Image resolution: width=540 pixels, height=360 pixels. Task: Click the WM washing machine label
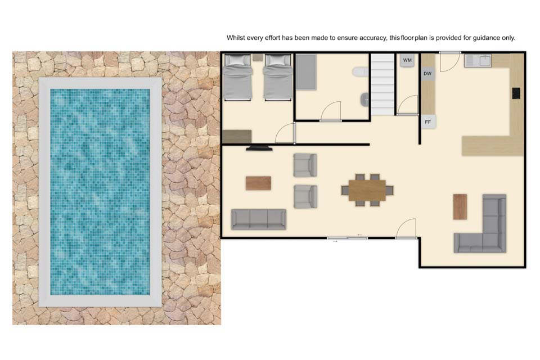point(407,60)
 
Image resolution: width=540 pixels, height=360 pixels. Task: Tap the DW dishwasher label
point(427,74)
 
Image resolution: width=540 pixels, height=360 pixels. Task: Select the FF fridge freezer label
point(427,122)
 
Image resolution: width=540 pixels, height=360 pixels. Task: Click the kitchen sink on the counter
point(478,60)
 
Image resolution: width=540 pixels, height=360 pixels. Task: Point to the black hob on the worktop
point(516,93)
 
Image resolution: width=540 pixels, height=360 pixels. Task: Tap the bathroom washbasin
point(364,100)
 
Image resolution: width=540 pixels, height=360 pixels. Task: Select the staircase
point(382,84)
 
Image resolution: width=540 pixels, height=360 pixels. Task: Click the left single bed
point(238,78)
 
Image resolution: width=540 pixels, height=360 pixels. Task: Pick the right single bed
point(278,78)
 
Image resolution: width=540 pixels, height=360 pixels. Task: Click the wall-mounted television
point(259,148)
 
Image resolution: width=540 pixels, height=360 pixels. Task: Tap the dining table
point(367,190)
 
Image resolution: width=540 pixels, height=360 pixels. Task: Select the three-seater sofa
point(259,219)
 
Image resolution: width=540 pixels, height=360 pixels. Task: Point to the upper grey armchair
point(305,165)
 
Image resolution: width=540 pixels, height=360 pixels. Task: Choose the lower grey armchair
point(305,197)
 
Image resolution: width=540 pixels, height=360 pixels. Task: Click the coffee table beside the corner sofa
point(460,206)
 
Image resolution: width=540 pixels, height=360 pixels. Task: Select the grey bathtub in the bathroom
point(306,72)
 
